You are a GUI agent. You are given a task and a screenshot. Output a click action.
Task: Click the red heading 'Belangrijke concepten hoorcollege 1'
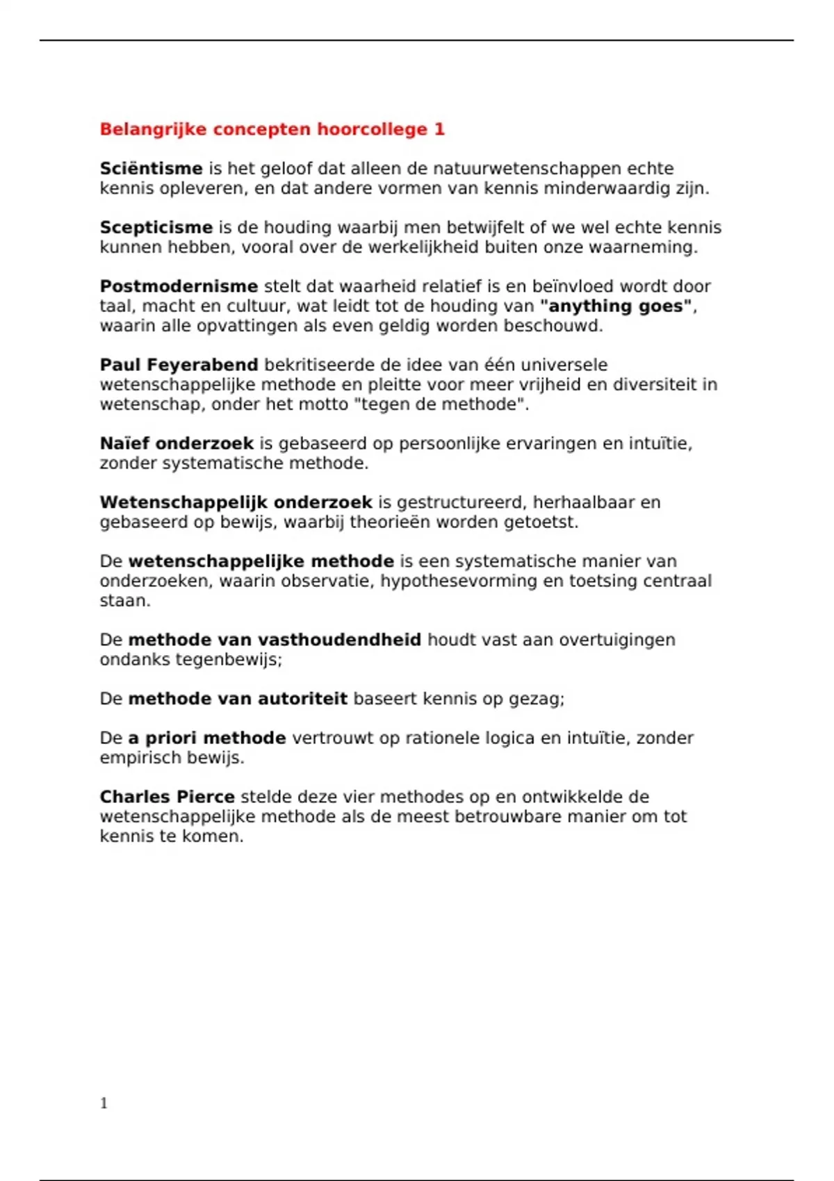click(272, 129)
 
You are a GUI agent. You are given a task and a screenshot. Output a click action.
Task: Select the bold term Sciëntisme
click(151, 169)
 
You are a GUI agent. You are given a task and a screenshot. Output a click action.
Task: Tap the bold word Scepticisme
click(156, 228)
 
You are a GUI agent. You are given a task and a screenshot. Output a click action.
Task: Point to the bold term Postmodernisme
click(179, 287)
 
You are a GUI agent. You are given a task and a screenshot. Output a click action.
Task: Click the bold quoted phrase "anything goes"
click(618, 306)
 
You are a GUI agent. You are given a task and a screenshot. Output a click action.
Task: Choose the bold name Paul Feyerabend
click(179, 365)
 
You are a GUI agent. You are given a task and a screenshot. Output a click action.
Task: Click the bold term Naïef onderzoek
click(177, 444)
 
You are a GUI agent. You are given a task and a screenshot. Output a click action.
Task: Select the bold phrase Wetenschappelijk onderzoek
click(236, 502)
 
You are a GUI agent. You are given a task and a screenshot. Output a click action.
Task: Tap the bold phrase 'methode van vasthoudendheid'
click(275, 640)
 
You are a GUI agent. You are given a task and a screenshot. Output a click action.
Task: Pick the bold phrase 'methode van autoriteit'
click(238, 699)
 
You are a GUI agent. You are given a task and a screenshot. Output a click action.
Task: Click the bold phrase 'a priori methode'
click(207, 738)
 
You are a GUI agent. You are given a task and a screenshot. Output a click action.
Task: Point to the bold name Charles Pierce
click(167, 797)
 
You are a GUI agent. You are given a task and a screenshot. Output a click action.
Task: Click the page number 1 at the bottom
click(104, 1103)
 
